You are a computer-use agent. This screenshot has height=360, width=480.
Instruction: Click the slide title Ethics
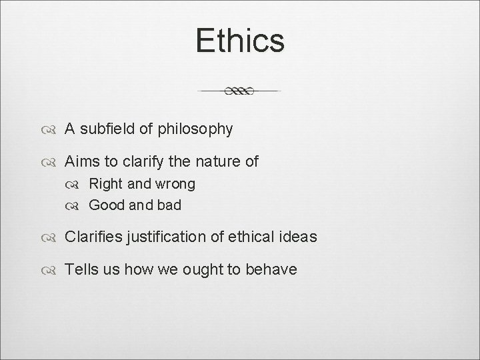coord(240,40)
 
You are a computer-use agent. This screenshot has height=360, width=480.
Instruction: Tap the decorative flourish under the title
coord(240,91)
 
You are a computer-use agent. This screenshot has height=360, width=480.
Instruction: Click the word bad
coord(168,205)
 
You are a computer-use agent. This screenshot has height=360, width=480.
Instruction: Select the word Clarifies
coord(94,237)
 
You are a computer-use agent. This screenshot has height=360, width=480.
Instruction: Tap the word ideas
coord(298,237)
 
